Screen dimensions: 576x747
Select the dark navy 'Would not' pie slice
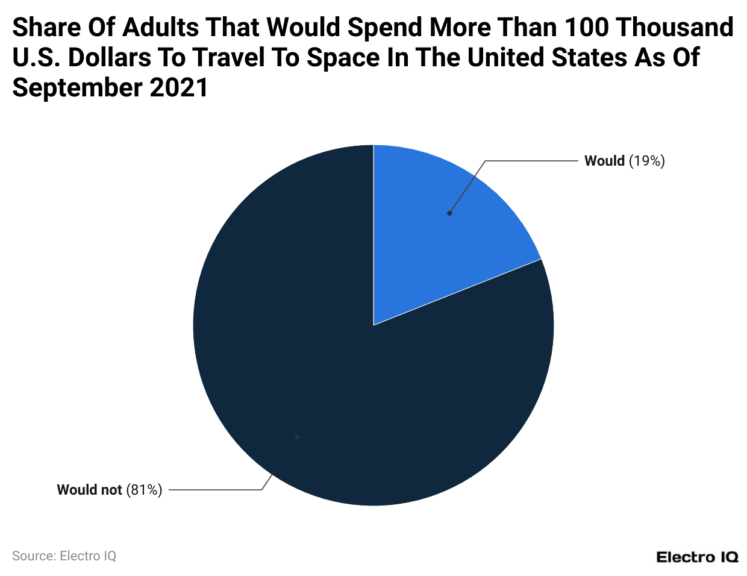(337, 386)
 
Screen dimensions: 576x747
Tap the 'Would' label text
(604, 161)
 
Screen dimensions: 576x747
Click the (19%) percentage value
(646, 161)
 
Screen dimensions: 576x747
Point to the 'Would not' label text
(89, 490)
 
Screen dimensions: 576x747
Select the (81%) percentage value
(144, 490)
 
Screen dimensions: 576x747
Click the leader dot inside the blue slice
(449, 213)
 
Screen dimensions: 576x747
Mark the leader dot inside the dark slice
(297, 437)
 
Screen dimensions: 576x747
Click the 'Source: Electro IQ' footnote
(64, 556)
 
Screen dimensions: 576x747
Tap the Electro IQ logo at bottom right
(697, 557)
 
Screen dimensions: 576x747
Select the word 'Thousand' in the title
(675, 28)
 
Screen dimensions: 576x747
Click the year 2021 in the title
(178, 88)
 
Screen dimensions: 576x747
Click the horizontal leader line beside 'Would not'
(215, 490)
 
